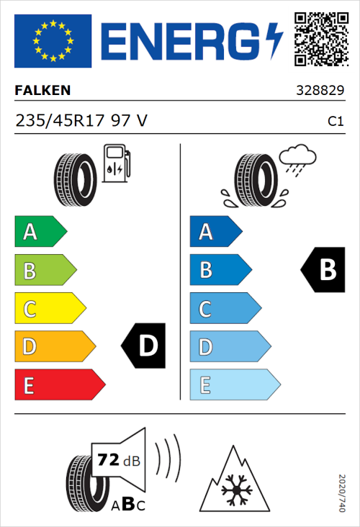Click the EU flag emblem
[x=53, y=40]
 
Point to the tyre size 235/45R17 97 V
[x=81, y=121]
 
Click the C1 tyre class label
[x=336, y=122]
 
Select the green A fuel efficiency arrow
[x=40, y=232]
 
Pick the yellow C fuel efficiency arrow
[x=49, y=309]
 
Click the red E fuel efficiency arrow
[x=58, y=385]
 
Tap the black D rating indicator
[x=145, y=346]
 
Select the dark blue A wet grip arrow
[x=215, y=232]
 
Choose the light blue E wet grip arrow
[x=234, y=385]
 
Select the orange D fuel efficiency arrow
[x=54, y=347]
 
